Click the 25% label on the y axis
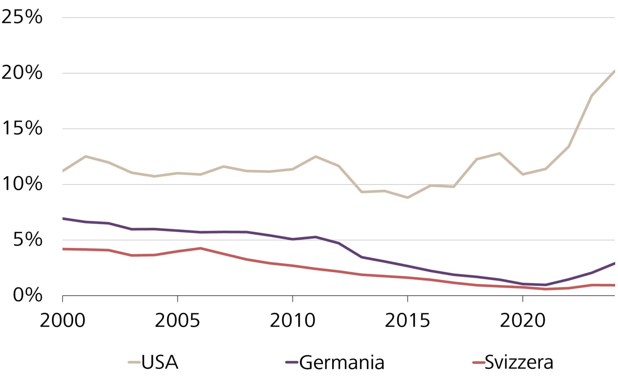point(22,17)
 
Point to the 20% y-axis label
point(22,73)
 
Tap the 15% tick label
point(22,128)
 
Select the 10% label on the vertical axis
point(22,184)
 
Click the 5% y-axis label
point(28,240)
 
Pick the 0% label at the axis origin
point(28,295)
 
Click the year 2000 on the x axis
point(62,321)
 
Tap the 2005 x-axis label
point(177,321)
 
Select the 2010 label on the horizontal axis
point(292,321)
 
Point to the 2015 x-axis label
point(407,321)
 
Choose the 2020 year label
point(522,321)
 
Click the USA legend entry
point(160,362)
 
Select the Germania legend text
point(342,362)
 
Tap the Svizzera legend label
point(519,362)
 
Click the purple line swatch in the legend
point(292,362)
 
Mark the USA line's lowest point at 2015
point(407,197)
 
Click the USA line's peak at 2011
point(315,157)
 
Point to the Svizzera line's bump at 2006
point(201,248)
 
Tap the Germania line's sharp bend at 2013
point(361,257)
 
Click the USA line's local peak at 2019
point(500,153)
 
